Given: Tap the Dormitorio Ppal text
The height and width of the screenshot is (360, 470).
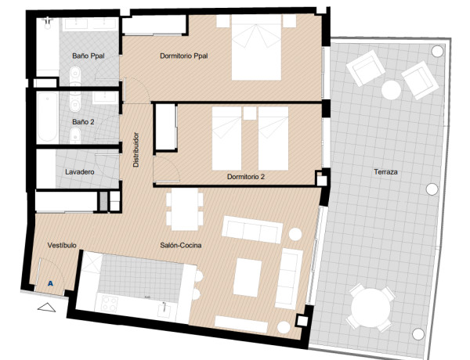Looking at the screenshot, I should pos(183,56).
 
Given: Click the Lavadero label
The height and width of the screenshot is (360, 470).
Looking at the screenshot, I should pos(80,171).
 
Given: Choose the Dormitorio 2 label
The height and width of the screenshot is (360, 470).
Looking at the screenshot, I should pos(245,177).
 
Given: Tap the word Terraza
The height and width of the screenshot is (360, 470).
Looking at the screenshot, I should pos(387,171).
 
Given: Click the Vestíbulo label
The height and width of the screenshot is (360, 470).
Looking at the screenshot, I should pos(61,245).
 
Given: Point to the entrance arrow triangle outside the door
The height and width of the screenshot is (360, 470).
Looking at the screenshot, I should pos(46,308).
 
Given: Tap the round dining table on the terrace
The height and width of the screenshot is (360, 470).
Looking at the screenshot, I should pos(371,308).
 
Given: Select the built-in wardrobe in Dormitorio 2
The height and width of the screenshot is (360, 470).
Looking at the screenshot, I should pos(165,128).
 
